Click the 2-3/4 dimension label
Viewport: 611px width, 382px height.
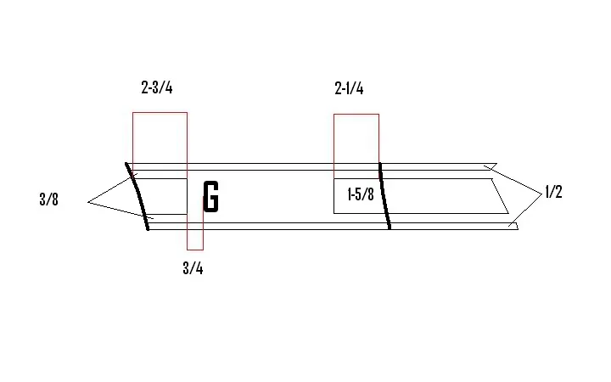[x=157, y=87]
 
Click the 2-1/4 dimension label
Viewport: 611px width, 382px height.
[x=349, y=88]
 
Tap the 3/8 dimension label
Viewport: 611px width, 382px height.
[x=48, y=199]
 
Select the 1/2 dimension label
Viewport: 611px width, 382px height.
[x=553, y=192]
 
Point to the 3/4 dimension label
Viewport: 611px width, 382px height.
[x=193, y=268]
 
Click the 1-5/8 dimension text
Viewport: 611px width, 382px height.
[x=361, y=194]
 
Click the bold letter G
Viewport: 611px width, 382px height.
[x=211, y=197]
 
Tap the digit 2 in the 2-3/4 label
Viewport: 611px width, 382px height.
[x=145, y=87]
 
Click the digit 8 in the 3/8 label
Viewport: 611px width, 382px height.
[x=54, y=199]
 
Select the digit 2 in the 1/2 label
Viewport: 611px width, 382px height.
[x=558, y=192]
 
